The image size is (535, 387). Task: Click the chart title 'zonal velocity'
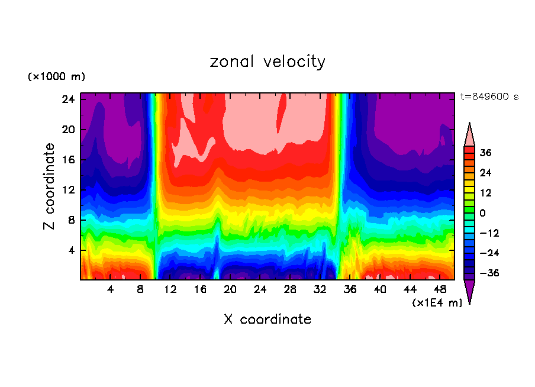(267, 62)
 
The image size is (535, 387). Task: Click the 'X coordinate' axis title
(267, 320)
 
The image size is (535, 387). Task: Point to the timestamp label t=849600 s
(489, 97)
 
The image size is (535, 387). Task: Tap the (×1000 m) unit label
(56, 77)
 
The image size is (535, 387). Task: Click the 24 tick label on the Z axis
(68, 99)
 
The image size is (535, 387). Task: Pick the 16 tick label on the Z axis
(68, 160)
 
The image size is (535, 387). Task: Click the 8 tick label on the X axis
(140, 289)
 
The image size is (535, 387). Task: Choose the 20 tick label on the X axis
(230, 289)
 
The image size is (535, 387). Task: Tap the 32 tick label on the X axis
(320, 289)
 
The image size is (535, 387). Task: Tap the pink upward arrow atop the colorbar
(469, 134)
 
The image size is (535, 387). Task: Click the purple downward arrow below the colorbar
(469, 291)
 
